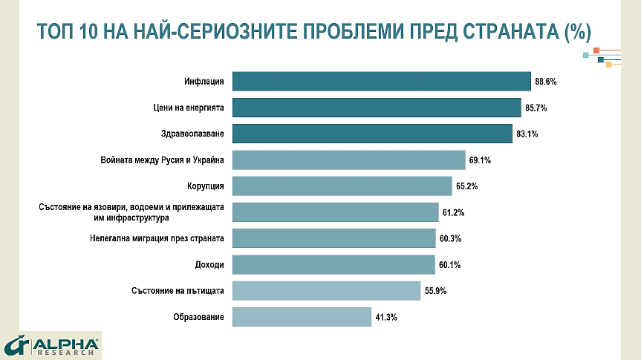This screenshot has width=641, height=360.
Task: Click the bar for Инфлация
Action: pos(382,81)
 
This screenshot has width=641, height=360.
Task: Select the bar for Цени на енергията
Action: pos(377,108)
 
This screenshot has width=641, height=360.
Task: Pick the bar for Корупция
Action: pos(342,186)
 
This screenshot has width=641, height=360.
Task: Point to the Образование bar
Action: pos(302,317)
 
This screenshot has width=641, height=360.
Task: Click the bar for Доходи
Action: pos(333,264)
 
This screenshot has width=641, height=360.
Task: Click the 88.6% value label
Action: pos(545,82)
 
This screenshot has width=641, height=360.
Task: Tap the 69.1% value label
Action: pos(480,160)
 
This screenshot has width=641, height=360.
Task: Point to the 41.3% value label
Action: pos(386,318)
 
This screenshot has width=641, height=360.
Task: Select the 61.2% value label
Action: pos(453,213)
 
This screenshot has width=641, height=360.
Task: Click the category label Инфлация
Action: pos(204,82)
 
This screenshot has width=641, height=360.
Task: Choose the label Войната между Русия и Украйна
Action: pos(162,160)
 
